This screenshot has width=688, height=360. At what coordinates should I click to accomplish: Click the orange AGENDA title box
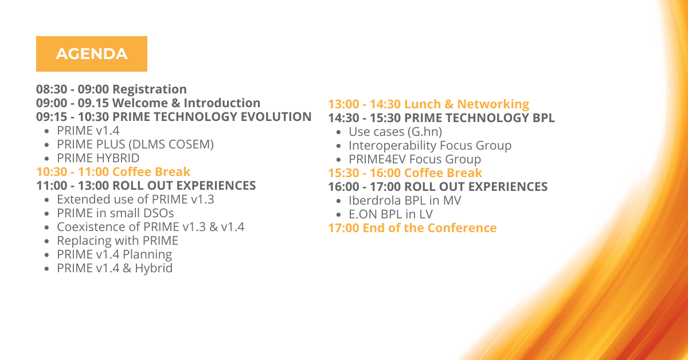[92, 54]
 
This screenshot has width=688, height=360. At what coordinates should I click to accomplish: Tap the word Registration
[150, 89]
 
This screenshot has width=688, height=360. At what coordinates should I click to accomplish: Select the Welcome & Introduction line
[148, 103]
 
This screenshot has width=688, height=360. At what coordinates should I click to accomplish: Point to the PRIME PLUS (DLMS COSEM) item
[135, 144]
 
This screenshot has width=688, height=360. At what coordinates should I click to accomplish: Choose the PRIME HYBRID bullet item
[98, 158]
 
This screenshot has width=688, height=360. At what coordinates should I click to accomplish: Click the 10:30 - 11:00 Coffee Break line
[114, 172]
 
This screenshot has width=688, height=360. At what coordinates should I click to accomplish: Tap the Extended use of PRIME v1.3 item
[135, 199]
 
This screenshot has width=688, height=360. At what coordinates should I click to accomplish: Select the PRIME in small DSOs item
[115, 213]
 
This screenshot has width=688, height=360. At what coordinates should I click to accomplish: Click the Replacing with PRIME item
[118, 241]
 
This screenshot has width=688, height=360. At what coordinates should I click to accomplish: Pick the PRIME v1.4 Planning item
[115, 255]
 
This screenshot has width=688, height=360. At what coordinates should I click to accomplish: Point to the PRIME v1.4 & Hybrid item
[115, 268]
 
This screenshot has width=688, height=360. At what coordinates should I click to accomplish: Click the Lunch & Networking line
[428, 104]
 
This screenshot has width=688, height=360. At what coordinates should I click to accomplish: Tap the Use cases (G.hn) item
[395, 132]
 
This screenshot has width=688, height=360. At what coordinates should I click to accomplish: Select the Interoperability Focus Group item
[430, 146]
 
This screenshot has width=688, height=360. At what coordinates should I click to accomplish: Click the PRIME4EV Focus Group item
[415, 159]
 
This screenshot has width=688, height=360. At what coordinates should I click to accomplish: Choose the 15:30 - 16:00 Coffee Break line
[405, 173]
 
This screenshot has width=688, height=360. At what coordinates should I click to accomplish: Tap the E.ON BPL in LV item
[390, 214]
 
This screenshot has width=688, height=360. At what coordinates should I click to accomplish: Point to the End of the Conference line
[412, 228]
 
